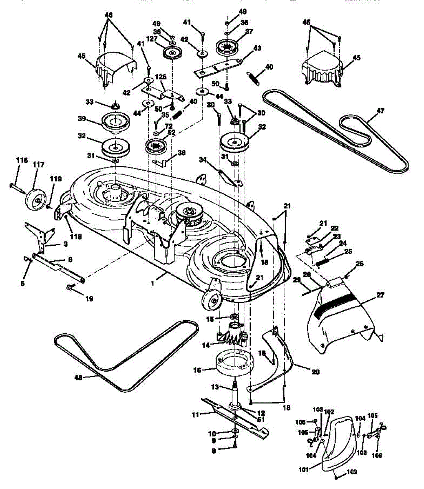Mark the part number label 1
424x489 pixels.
pos(152,284)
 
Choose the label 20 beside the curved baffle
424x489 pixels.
pos(315,372)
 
